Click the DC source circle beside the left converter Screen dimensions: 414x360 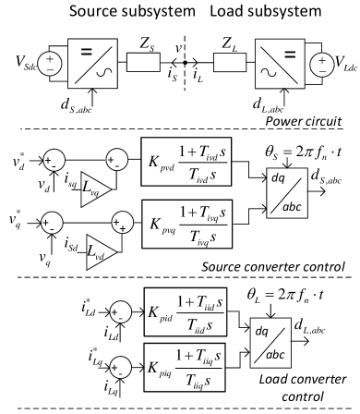49,63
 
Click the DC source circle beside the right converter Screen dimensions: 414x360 321,63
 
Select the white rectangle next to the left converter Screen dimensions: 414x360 143,62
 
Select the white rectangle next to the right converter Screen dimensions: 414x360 230,62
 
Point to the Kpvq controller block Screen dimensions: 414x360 186,224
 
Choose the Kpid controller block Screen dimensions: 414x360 185,311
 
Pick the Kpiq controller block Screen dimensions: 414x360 185,367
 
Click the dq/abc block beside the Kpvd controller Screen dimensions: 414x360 286,192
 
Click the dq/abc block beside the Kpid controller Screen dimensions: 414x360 270,342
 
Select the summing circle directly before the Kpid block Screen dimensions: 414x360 119,312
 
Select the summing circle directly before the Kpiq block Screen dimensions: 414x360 119,368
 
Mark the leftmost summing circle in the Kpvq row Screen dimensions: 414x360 52,223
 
